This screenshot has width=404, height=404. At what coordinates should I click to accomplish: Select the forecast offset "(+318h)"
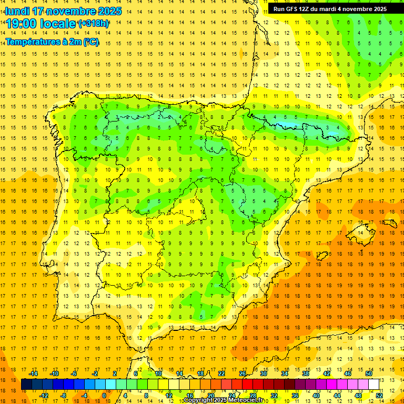(x=94, y=24)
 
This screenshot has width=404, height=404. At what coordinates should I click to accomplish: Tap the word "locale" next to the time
(x=59, y=24)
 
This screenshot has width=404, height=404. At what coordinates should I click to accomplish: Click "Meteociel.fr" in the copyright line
(x=245, y=400)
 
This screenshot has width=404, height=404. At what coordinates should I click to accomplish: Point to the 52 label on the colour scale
(x=379, y=396)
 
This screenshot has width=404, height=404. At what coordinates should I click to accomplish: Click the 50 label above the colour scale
(x=369, y=373)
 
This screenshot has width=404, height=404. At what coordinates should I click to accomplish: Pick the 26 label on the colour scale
(x=243, y=373)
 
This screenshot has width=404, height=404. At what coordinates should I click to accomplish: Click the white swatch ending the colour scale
(x=374, y=385)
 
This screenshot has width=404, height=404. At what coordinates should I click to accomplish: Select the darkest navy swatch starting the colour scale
(x=26, y=385)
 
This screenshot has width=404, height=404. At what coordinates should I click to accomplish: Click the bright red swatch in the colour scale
(x=247, y=385)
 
